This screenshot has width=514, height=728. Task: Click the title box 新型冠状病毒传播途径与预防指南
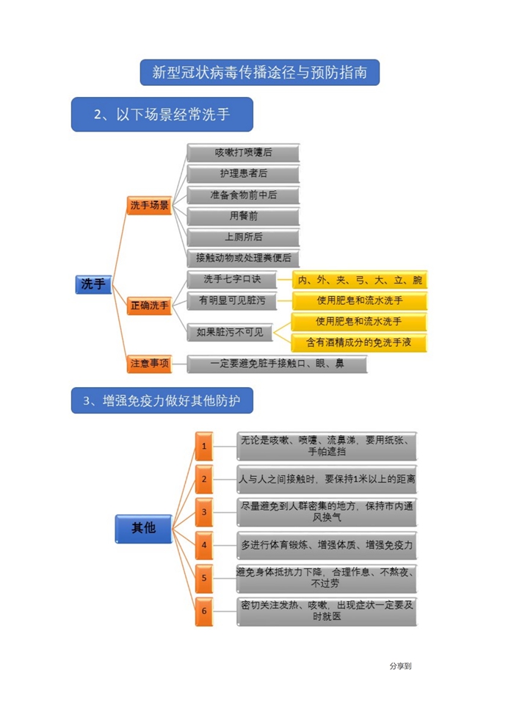[x=260, y=73]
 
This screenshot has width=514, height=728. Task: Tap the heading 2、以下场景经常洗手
[x=162, y=114]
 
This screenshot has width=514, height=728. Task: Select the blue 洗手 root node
[x=93, y=284]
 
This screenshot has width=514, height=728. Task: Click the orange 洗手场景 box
[x=149, y=205]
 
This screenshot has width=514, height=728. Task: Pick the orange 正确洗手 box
[x=149, y=306]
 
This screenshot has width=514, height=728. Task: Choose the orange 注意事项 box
[x=149, y=364]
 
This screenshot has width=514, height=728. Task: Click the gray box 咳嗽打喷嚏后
[x=243, y=153]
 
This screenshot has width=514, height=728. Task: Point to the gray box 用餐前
[x=243, y=217]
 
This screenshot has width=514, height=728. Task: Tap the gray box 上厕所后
[x=243, y=237]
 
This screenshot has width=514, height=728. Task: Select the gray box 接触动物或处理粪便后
[x=243, y=258]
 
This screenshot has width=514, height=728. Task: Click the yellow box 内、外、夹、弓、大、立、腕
[x=360, y=280]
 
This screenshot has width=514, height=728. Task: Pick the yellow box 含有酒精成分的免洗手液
[x=358, y=342]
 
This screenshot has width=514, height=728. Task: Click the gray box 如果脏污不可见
[x=230, y=333]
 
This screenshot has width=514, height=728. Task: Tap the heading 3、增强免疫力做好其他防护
[x=162, y=400]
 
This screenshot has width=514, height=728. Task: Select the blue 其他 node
[x=144, y=528]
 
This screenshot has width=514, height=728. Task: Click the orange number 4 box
[x=204, y=546]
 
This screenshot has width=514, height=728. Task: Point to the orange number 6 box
[x=204, y=611]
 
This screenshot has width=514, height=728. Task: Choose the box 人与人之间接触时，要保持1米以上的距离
[x=327, y=479]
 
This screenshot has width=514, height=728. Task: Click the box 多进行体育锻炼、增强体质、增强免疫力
[x=327, y=546]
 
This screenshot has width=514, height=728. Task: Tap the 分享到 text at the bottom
[x=400, y=666]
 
